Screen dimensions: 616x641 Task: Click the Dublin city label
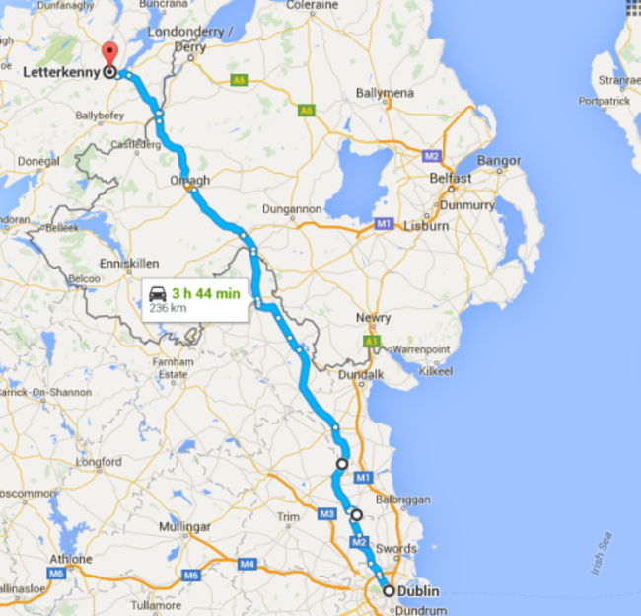[418, 591]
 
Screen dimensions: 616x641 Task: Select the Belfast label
[451, 179]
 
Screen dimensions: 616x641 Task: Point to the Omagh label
[189, 180]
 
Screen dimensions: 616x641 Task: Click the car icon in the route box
[157, 292]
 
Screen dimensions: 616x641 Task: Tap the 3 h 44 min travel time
[205, 292]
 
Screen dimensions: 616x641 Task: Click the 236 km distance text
[168, 308]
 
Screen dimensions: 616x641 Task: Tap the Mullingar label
[182, 527]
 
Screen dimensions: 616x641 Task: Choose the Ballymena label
[384, 94]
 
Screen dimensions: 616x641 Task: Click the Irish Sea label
[605, 555]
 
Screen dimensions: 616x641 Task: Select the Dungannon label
[293, 209]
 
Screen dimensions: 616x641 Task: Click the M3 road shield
[327, 513]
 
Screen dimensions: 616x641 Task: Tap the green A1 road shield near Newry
[372, 341]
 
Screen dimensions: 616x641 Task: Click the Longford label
[97, 461]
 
